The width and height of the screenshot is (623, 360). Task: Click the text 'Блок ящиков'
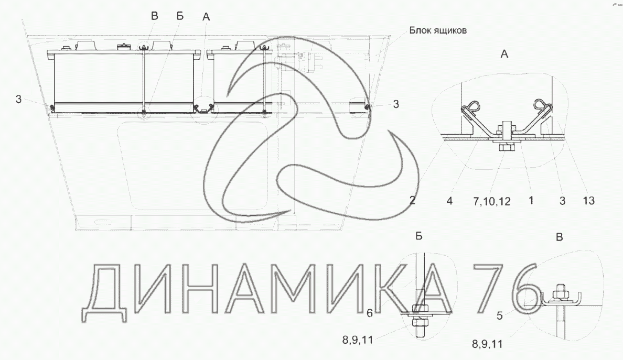[438, 30]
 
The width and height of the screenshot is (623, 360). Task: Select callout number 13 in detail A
[588, 201]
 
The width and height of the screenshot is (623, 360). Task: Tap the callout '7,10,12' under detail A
[491, 201]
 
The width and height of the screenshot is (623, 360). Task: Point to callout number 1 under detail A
[531, 201]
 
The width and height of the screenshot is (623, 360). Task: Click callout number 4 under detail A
[449, 201]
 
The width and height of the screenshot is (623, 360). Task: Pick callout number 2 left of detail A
[412, 201]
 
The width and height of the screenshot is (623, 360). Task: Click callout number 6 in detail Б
[370, 313]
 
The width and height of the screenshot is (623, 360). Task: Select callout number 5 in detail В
[499, 315]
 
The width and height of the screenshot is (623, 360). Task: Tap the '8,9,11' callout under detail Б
[358, 340]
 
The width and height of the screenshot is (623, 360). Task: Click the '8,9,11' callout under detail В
[487, 344]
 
